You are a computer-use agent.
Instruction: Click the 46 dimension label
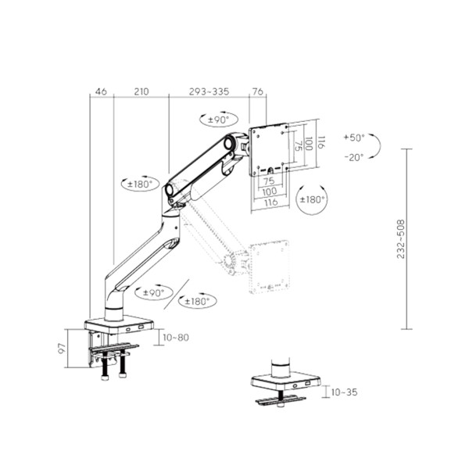[x=101, y=91]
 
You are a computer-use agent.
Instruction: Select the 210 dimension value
[x=141, y=91]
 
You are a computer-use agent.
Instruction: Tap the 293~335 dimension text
[x=209, y=91]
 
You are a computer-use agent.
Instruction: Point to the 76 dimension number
[x=257, y=91]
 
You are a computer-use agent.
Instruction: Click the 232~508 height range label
[x=401, y=238]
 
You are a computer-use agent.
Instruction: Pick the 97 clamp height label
[x=73, y=348]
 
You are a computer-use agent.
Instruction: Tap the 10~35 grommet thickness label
[x=343, y=392]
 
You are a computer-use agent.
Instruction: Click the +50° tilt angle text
[x=354, y=138]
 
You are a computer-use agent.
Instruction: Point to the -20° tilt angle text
[x=354, y=156]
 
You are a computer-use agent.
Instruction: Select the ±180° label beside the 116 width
[x=312, y=200]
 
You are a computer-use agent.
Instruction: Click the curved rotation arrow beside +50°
[x=376, y=146]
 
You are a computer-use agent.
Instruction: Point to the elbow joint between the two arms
[x=171, y=192]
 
